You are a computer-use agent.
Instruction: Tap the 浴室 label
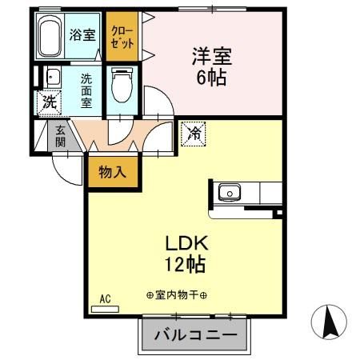83,35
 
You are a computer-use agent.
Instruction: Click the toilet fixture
122,86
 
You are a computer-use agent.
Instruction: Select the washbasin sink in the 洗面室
52,78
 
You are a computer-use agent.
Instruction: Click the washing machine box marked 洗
49,102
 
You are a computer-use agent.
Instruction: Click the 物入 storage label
111,171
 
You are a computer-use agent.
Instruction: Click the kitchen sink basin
230,192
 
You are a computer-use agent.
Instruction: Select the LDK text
186,243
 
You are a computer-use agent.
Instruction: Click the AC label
105,300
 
